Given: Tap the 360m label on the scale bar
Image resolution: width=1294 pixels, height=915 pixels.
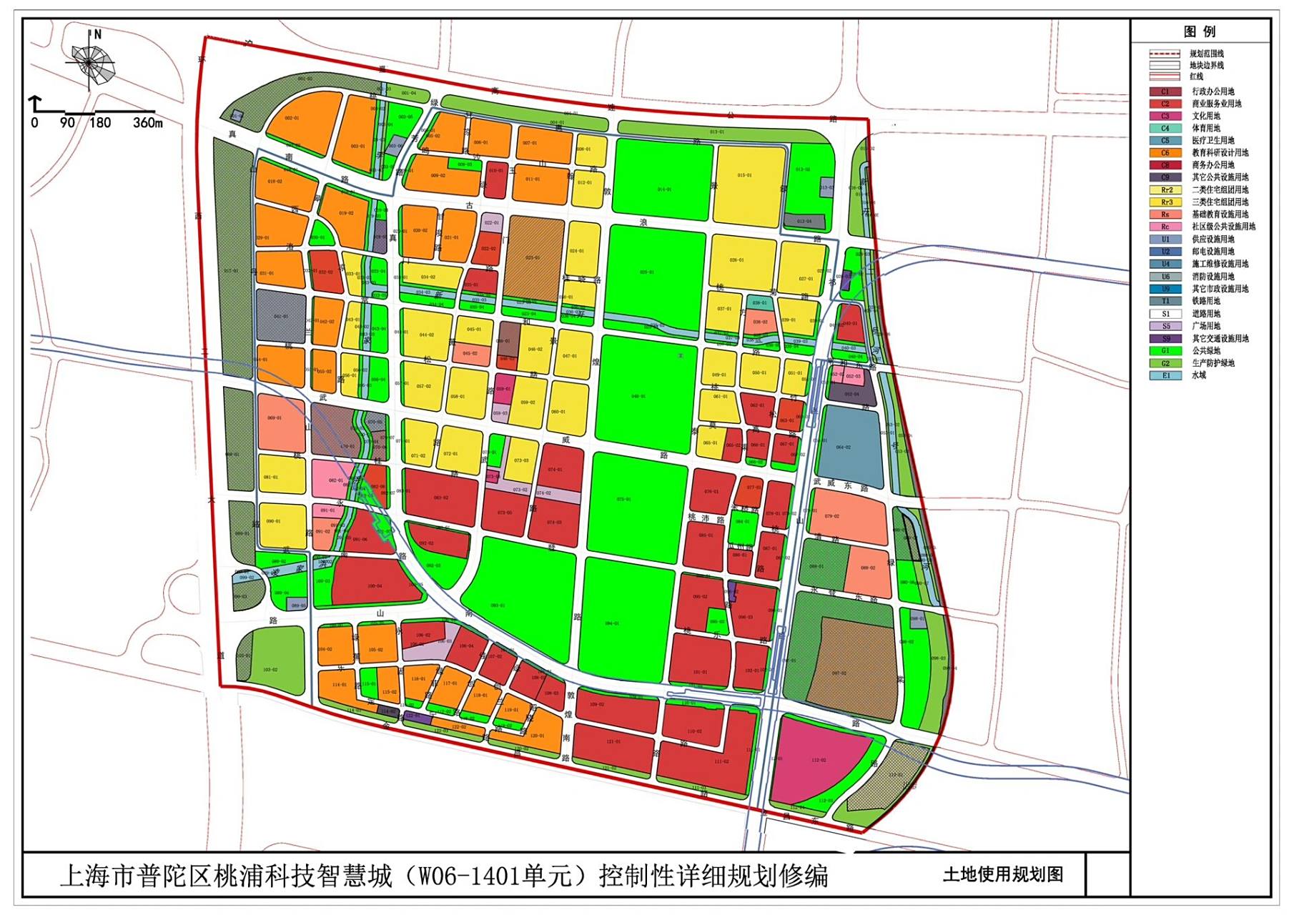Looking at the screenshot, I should (147, 123).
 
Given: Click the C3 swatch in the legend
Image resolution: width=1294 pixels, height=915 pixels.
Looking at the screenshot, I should (1165, 116).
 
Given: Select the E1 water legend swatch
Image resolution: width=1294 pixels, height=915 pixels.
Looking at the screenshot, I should (1165, 375).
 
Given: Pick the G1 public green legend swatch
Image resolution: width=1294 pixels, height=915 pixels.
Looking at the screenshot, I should (1165, 350).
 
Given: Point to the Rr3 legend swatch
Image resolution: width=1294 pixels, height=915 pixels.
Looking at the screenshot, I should (1165, 202).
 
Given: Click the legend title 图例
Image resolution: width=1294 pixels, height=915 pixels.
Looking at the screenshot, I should (1199, 31).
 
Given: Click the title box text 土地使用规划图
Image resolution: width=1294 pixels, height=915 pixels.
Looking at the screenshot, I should (1002, 874).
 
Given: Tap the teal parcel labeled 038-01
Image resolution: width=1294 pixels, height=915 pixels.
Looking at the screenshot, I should (759, 302).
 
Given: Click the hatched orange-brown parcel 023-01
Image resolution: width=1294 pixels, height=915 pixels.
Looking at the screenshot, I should (533, 257).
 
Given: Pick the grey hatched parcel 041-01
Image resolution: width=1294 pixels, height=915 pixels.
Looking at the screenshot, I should (281, 315).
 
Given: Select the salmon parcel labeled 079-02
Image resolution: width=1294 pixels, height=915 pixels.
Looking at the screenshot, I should (848, 516).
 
